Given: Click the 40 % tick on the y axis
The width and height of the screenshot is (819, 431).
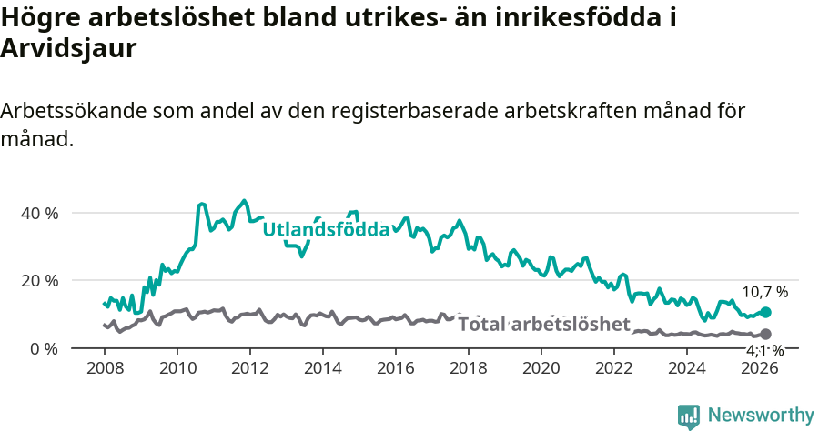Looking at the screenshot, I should click(39, 213).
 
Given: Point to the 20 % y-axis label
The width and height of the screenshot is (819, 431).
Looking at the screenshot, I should click(39, 280).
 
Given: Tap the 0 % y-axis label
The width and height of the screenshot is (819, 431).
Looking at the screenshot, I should click(44, 348).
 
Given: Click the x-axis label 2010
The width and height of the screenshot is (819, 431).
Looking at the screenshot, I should click(177, 368).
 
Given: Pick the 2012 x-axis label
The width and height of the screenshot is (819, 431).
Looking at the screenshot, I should click(249, 368).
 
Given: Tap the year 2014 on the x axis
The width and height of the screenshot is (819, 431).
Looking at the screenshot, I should click(322, 368).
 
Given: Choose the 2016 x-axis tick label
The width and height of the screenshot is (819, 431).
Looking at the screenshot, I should click(395, 368).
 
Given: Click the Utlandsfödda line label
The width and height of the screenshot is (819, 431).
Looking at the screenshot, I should click(326, 229).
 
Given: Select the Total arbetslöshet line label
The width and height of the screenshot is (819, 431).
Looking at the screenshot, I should click(543, 325).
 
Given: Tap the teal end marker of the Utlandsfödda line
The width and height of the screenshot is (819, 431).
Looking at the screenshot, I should click(765, 312).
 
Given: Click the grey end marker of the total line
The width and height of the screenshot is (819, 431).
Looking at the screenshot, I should click(765, 335).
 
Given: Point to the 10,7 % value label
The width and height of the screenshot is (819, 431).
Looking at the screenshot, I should click(764, 292).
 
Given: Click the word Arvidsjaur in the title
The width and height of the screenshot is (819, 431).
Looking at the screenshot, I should click(68, 49).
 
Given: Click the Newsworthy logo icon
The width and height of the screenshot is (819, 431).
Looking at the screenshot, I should click(689, 416).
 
